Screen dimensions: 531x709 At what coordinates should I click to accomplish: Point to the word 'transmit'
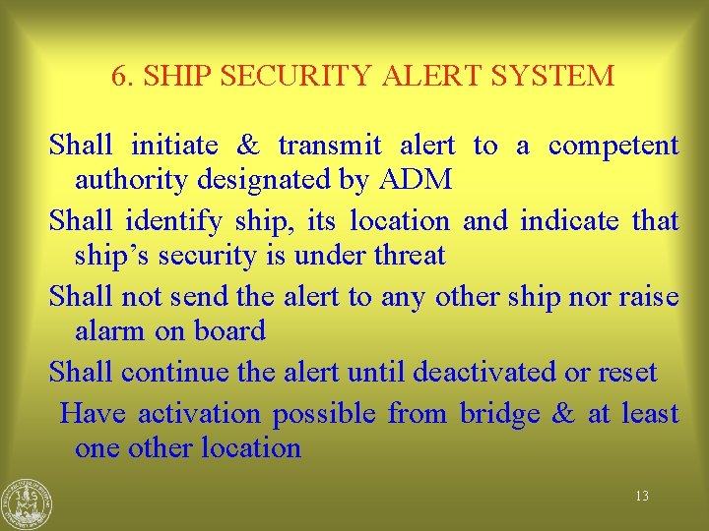pyautogui.click(x=330, y=146)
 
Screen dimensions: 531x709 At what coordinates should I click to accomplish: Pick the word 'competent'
pyautogui.click(x=612, y=146)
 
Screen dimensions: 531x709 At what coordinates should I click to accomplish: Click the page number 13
pyautogui.click(x=641, y=496)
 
